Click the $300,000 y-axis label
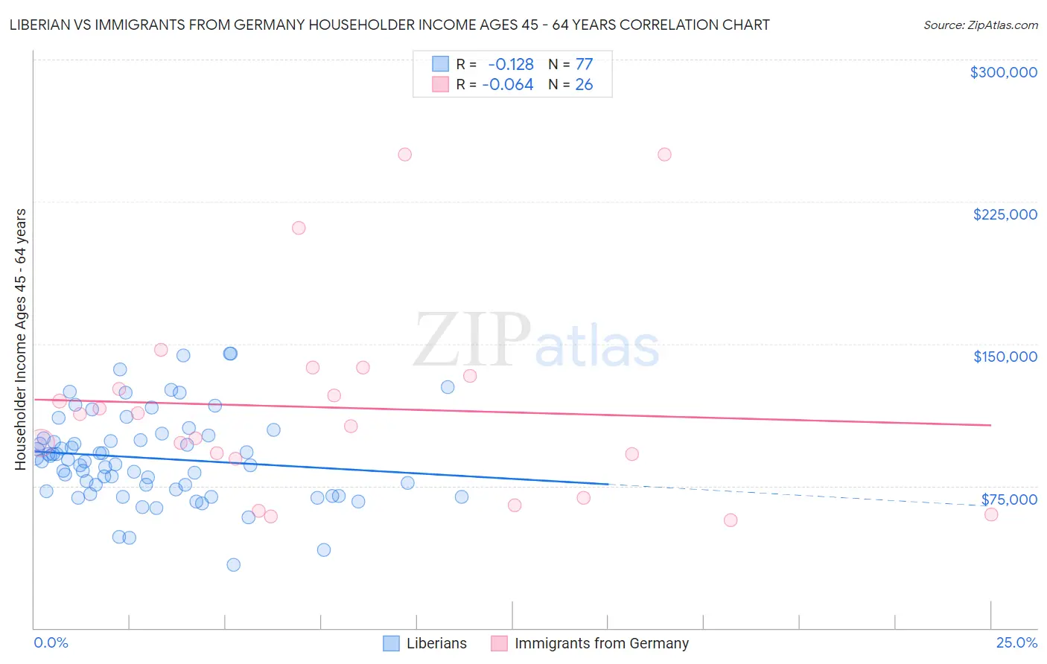(1003, 72)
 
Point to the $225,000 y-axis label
(1005, 214)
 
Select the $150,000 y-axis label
(1005, 357)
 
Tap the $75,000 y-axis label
(1008, 499)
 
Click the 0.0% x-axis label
(51, 642)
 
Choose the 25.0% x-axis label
(1016, 642)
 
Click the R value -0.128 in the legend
(510, 65)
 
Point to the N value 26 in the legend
(584, 85)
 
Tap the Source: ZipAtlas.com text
(980, 25)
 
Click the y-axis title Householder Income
(21, 339)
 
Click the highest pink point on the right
(664, 155)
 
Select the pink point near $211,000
(299, 228)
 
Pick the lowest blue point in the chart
(233, 565)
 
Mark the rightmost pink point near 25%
(990, 514)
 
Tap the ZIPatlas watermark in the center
(536, 341)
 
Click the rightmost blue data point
(462, 497)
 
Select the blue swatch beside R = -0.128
(441, 65)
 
